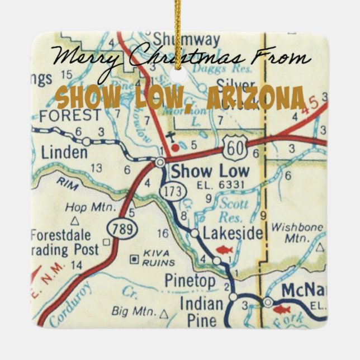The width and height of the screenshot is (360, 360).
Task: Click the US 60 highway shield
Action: pyautogui.click(x=231, y=149)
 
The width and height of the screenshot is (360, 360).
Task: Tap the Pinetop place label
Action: pyautogui.click(x=190, y=281)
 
